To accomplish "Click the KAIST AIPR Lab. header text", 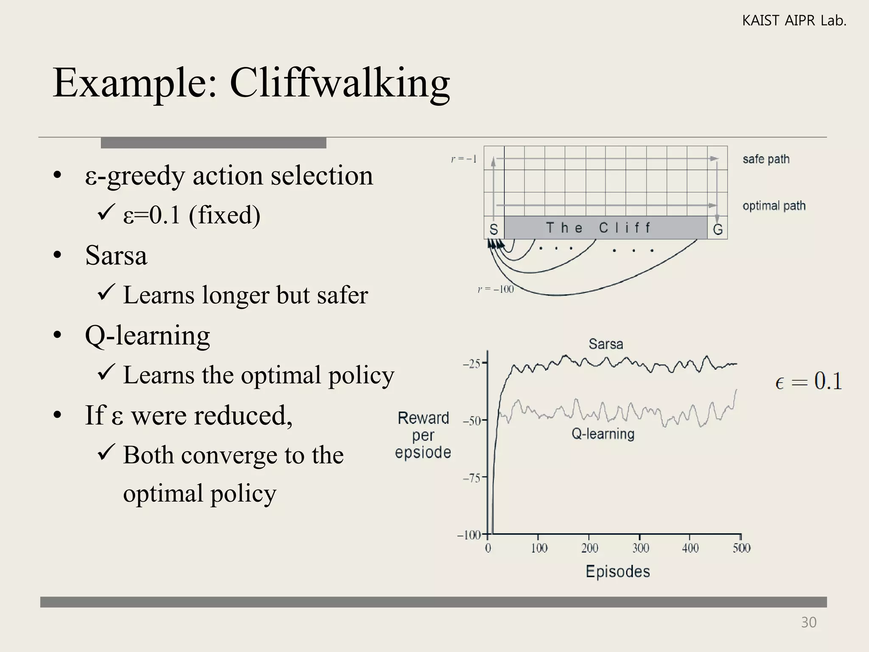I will (794, 20).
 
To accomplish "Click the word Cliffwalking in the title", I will (339, 83).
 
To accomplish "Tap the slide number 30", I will (808, 622).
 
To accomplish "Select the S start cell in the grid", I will (493, 229).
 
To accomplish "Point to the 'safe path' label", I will (766, 159).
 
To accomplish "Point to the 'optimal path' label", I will (774, 206).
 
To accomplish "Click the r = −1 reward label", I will (464, 159).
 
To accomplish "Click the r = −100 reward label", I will (496, 289).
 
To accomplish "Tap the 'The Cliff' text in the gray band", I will (598, 228).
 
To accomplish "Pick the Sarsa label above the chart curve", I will (606, 344).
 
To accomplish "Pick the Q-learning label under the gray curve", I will (603, 434).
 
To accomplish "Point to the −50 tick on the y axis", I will (471, 421).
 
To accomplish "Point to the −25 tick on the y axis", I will (471, 364).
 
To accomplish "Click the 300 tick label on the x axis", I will (640, 548).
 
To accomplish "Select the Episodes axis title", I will (618, 571).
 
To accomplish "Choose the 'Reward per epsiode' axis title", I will (423, 435).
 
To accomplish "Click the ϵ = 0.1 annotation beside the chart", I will (808, 381).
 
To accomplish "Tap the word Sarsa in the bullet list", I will (116, 256).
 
